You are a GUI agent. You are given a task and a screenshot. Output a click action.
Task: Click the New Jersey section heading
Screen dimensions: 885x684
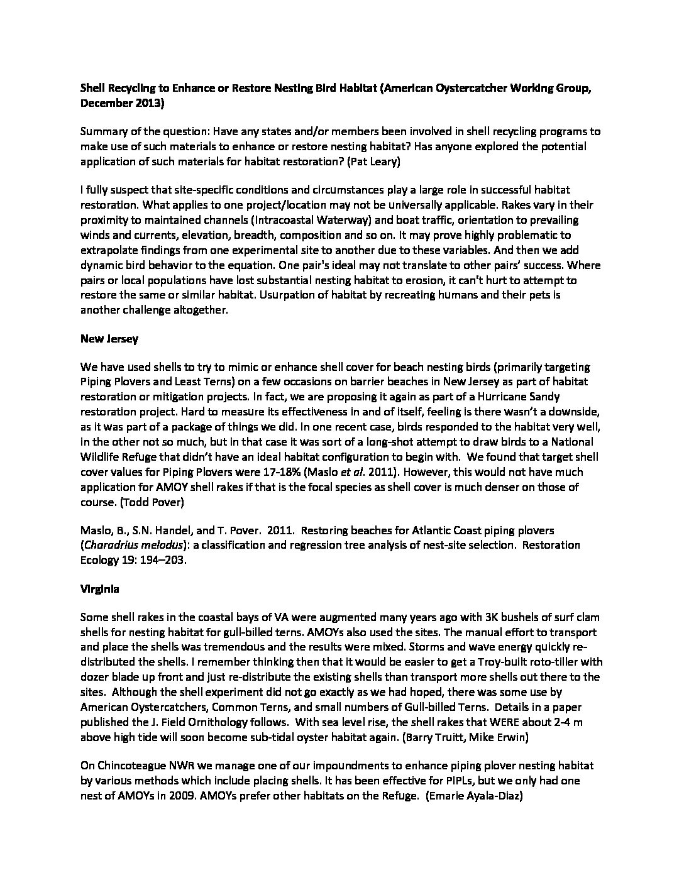pos(109,339)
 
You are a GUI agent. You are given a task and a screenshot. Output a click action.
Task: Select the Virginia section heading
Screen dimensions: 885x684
pos(99,590)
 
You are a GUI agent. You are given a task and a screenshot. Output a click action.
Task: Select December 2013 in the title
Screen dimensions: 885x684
pos(121,104)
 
